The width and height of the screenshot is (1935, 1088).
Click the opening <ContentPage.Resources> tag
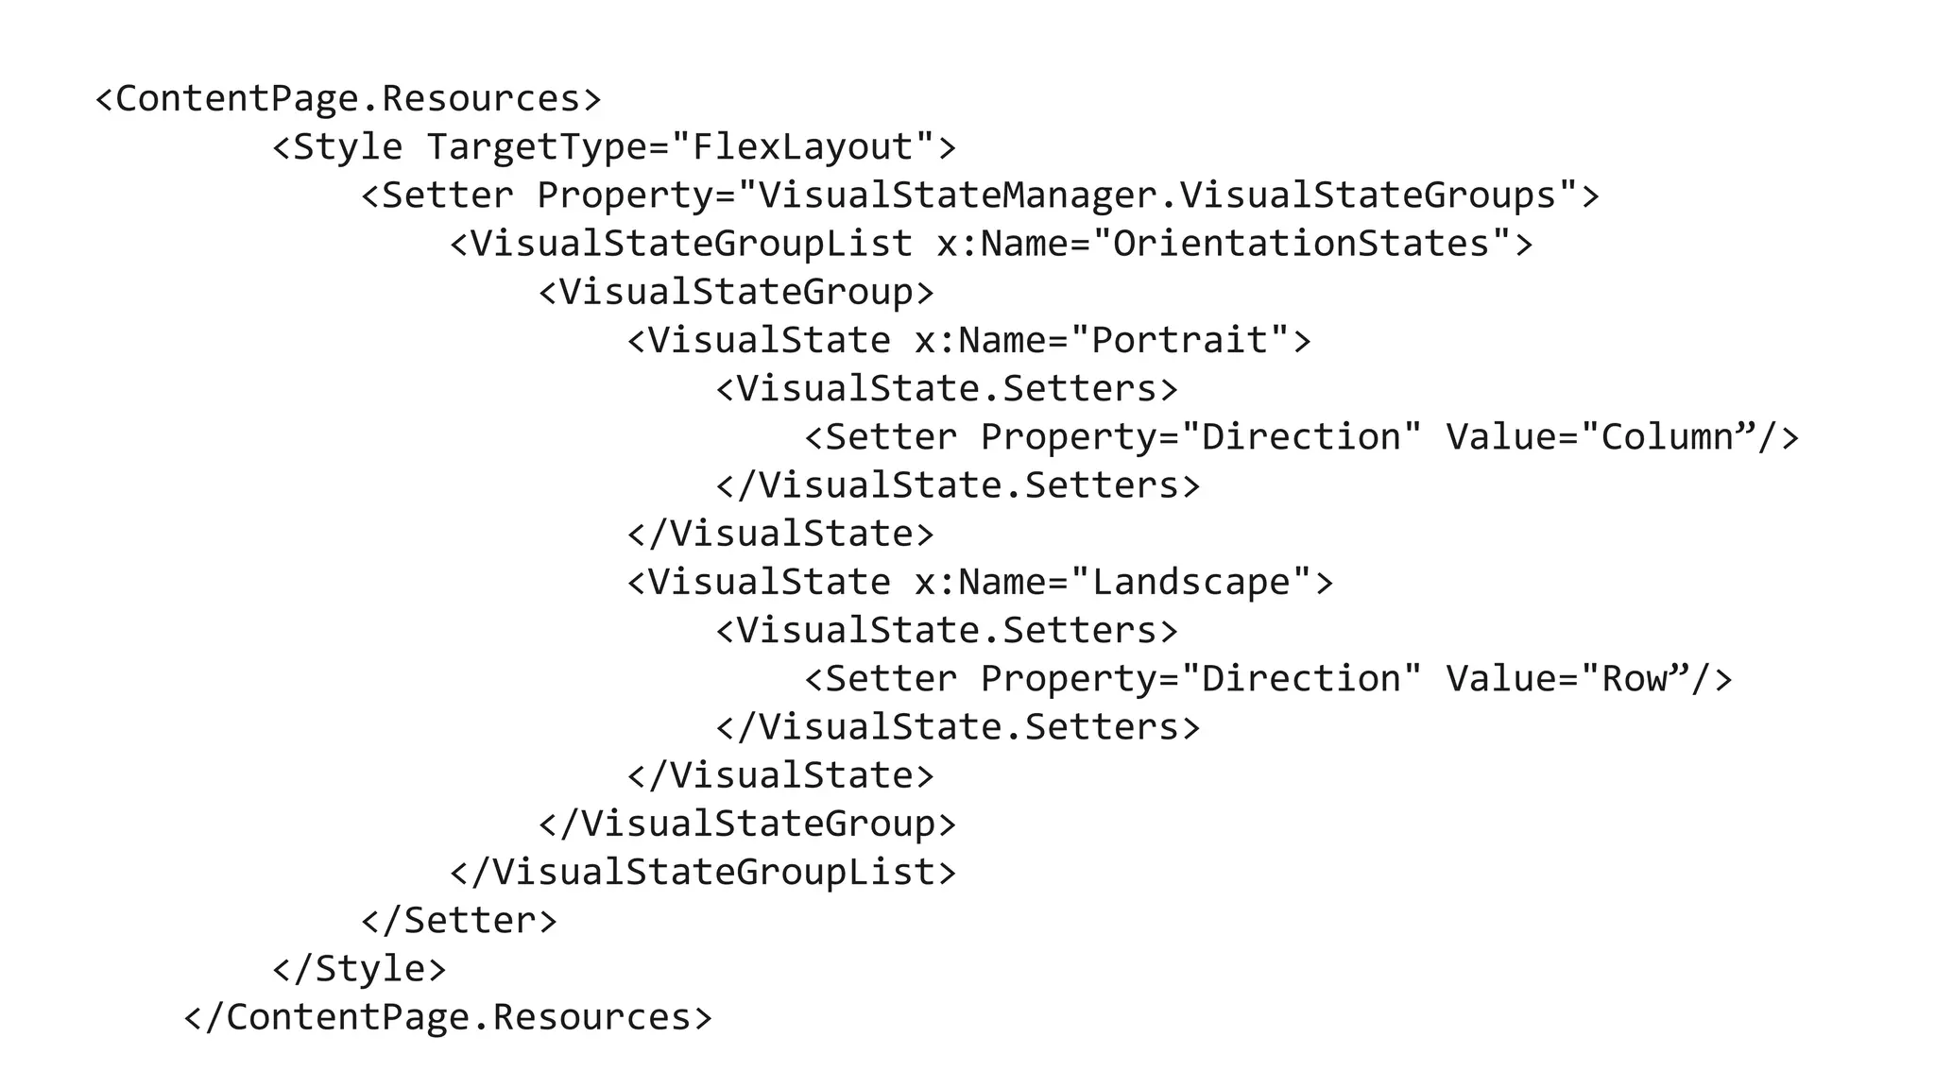pyautogui.click(x=348, y=98)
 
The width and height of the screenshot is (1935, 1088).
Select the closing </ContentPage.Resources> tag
pyautogui.click(x=448, y=1017)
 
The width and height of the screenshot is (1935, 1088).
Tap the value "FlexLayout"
pyautogui.click(x=803, y=146)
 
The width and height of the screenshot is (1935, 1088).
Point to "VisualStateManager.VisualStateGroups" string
pyautogui.click(x=1157, y=195)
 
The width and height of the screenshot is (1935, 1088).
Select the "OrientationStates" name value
pyautogui.click(x=1301, y=244)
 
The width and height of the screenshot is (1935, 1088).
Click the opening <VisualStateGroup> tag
pyautogui.click(x=736, y=292)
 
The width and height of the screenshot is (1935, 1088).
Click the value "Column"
pyautogui.click(x=1669, y=437)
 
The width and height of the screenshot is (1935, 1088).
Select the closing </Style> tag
pyautogui.click(x=359, y=969)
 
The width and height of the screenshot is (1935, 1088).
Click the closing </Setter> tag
pyautogui.click(x=459, y=921)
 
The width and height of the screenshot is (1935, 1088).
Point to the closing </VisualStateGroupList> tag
pyautogui.click(x=703, y=872)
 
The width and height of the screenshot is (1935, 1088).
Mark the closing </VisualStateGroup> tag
pyautogui.click(x=747, y=824)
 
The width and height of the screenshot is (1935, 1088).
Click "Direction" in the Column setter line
pyautogui.click(x=1301, y=437)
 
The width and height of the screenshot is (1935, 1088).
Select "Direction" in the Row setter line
pyautogui.click(x=1301, y=679)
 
